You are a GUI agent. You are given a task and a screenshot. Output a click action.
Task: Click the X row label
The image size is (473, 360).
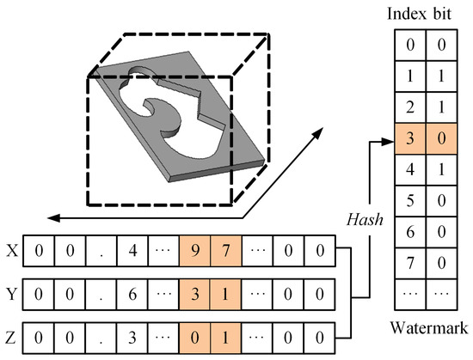point(10,253)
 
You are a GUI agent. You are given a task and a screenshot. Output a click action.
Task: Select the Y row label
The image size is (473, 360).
point(10,292)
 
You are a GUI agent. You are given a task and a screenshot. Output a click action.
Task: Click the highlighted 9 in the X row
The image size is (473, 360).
point(193,253)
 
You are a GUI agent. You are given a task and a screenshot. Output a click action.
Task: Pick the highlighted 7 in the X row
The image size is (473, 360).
point(224,253)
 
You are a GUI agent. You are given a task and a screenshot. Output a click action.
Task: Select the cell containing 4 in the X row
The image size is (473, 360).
point(132,253)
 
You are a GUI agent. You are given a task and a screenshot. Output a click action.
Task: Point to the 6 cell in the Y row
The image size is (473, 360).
point(132,292)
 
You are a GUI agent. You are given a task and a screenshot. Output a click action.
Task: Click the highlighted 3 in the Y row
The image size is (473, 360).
point(193,292)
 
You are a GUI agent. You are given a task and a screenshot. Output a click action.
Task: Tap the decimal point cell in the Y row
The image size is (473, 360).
point(101,292)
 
